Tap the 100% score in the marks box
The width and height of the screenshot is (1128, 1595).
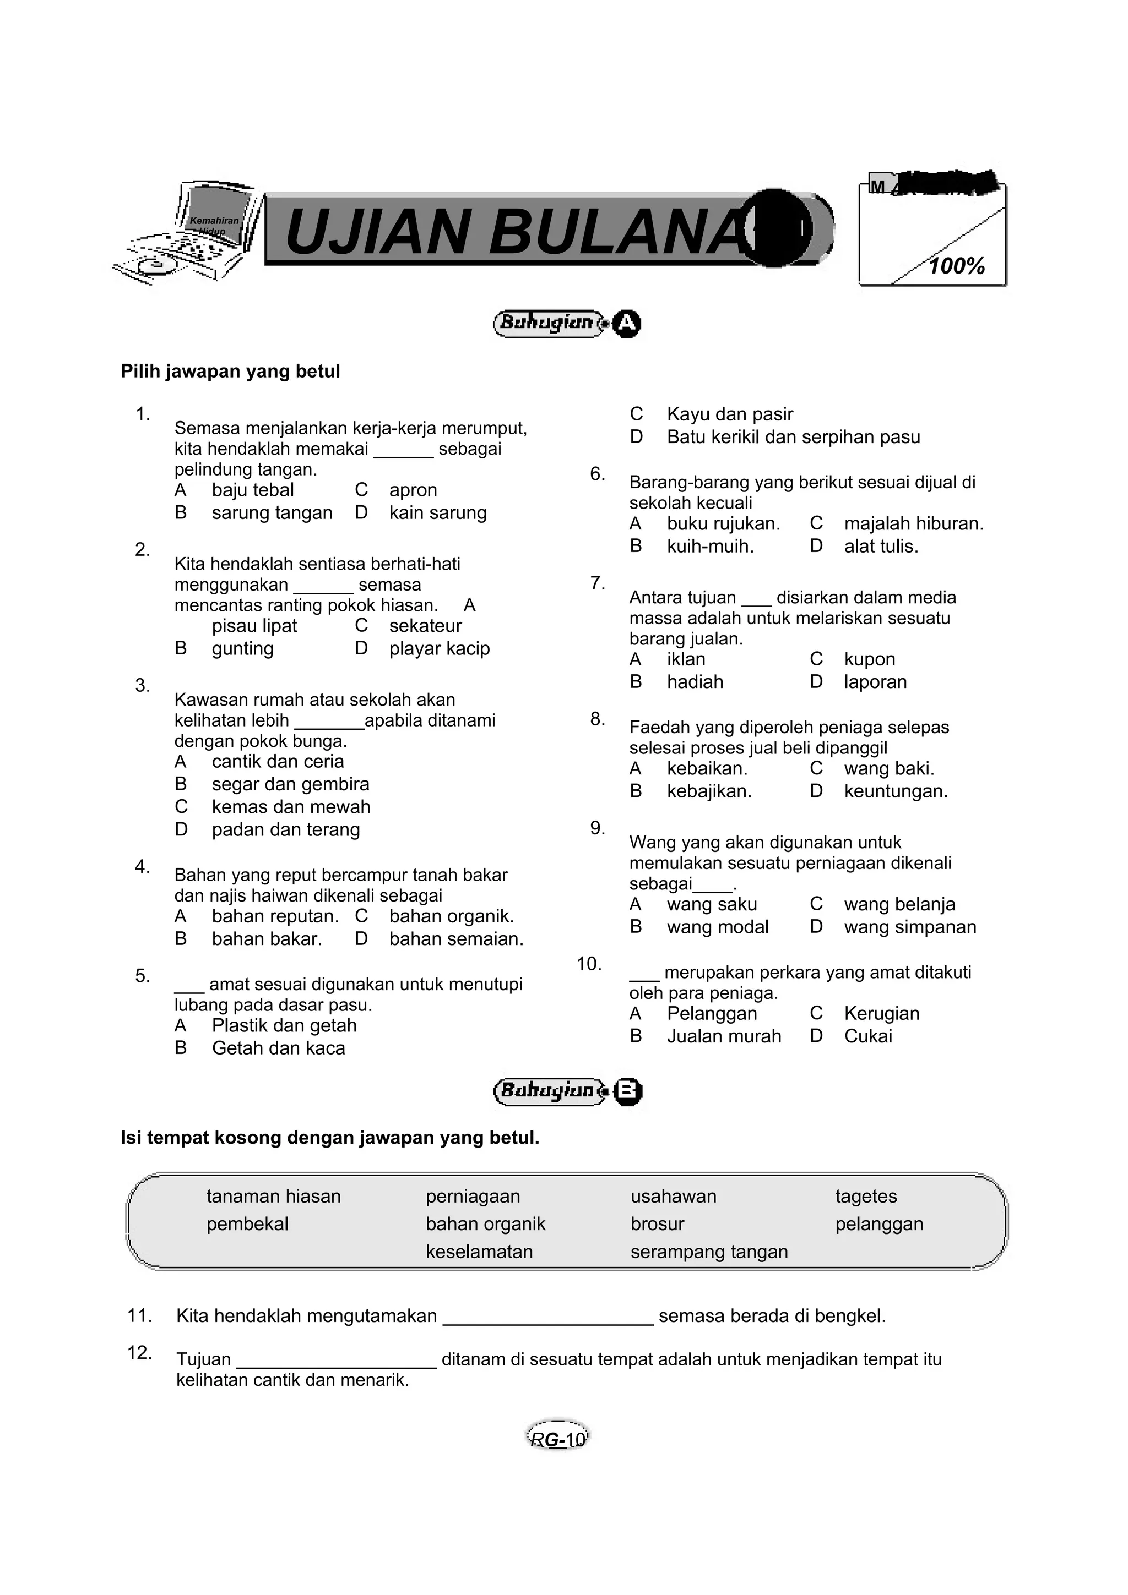(x=957, y=266)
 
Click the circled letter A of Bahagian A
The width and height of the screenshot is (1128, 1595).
(x=627, y=323)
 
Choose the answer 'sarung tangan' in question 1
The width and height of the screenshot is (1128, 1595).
(x=272, y=513)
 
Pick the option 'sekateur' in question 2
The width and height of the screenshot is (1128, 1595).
(x=425, y=626)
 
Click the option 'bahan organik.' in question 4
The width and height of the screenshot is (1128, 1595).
(x=451, y=916)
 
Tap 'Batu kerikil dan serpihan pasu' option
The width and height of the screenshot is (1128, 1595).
(x=793, y=437)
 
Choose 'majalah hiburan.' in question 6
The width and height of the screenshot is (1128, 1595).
(x=913, y=524)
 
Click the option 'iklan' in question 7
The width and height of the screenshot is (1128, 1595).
(x=686, y=659)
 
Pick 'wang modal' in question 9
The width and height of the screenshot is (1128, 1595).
(x=717, y=927)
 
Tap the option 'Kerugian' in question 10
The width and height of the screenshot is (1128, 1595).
(x=881, y=1014)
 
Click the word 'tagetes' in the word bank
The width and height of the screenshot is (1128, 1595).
(x=866, y=1197)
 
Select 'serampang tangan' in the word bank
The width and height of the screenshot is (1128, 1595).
(x=709, y=1252)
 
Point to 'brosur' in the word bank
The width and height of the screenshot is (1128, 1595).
(x=657, y=1224)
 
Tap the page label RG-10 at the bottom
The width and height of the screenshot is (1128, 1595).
(x=557, y=1440)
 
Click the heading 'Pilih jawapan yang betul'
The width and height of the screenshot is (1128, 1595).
(x=230, y=372)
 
